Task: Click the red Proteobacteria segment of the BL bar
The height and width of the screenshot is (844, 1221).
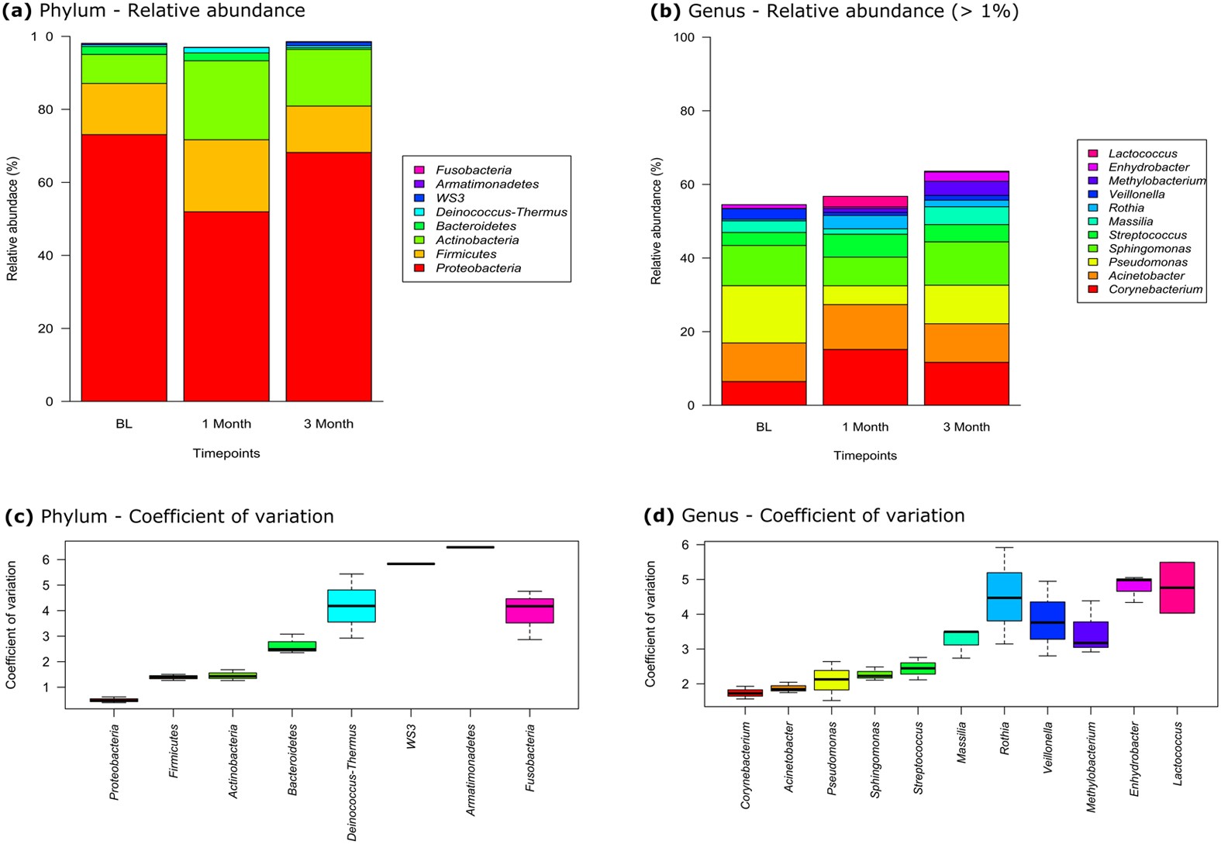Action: click(x=124, y=267)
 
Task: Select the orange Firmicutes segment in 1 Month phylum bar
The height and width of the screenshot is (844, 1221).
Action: click(x=226, y=175)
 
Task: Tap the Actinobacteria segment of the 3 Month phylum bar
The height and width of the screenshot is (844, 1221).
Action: click(x=329, y=78)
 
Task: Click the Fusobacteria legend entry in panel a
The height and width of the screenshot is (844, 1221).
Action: click(x=473, y=170)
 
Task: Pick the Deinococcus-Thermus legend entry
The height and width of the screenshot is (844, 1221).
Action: click(x=501, y=212)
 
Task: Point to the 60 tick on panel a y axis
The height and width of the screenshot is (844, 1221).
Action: click(x=49, y=182)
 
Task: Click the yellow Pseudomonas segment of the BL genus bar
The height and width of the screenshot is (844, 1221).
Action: click(x=764, y=314)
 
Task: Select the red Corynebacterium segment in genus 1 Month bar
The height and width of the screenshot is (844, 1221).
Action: click(x=865, y=377)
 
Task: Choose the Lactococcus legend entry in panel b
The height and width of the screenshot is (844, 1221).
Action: click(x=1142, y=153)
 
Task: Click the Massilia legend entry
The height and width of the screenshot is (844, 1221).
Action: click(x=1130, y=221)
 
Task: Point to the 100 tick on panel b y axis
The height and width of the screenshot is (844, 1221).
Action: click(x=684, y=37)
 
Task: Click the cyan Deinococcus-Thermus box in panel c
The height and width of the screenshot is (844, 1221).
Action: click(x=351, y=605)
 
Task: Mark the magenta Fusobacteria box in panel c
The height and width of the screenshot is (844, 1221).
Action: click(x=529, y=610)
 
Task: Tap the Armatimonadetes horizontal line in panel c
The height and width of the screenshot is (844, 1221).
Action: click(x=470, y=547)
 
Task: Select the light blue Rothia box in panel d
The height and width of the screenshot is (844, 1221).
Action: click(x=1004, y=597)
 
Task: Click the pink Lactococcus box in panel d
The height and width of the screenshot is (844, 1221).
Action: click(x=1177, y=587)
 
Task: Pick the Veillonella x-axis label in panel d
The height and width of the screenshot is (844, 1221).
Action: click(x=1048, y=747)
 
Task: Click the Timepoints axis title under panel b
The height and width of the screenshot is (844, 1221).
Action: click(x=865, y=456)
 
